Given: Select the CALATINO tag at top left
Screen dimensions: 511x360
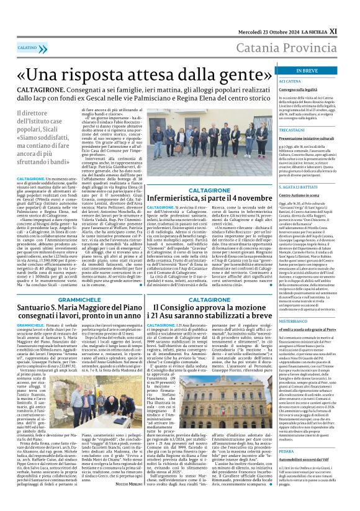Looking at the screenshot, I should coord(27,47).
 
